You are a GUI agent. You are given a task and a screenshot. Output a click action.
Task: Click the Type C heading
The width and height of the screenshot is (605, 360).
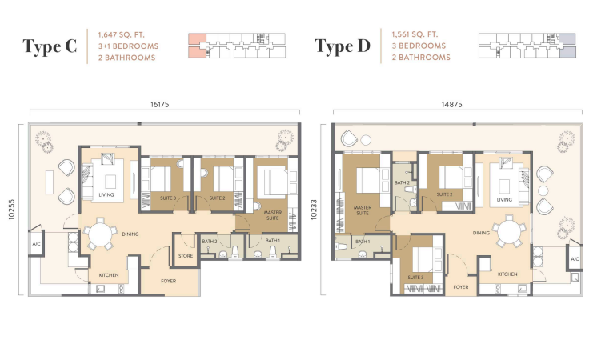50,46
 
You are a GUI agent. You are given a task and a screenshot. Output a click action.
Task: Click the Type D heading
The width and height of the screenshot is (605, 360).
343,46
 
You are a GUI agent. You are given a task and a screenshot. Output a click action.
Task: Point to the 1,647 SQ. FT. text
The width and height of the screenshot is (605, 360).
121,34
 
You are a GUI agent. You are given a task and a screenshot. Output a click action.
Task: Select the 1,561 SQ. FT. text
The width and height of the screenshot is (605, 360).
415,34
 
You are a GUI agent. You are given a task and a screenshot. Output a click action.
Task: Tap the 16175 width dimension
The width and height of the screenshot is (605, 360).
160,104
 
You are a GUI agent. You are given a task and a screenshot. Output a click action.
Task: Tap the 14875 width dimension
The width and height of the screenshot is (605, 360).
452,104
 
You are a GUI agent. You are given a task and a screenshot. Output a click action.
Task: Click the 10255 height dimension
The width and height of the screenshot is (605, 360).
11,210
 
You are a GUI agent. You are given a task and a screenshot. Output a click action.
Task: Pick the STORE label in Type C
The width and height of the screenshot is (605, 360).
186,256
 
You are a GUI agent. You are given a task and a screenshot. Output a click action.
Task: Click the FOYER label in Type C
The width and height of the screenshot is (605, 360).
168,282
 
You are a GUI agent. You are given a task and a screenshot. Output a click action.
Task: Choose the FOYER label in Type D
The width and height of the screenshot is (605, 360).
461,287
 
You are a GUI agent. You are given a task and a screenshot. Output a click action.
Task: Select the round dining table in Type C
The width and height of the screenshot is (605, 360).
100,234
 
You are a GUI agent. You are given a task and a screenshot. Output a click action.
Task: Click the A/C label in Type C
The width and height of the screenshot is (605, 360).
36,244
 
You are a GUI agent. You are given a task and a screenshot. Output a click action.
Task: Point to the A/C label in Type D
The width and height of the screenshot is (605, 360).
575,259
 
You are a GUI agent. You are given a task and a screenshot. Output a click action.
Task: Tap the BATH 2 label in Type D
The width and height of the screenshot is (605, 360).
402,182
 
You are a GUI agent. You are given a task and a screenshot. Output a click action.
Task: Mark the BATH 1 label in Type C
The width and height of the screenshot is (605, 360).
272,241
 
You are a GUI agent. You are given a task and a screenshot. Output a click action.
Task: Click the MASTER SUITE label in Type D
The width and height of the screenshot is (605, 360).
363,210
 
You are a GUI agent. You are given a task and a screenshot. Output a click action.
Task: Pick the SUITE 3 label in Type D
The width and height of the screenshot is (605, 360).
415,278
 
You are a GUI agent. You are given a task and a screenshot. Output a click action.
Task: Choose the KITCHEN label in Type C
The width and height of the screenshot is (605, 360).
109,275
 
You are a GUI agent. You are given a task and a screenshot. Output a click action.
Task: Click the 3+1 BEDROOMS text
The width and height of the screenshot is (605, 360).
128,46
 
